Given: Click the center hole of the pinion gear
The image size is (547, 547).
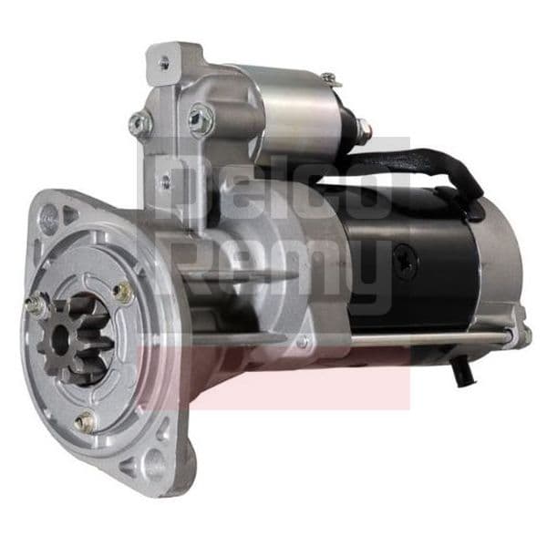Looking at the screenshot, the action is (x=61, y=335).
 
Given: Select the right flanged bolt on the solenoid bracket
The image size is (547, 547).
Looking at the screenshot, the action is (x=201, y=118).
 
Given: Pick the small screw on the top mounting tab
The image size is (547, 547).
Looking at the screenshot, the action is (x=164, y=63).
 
